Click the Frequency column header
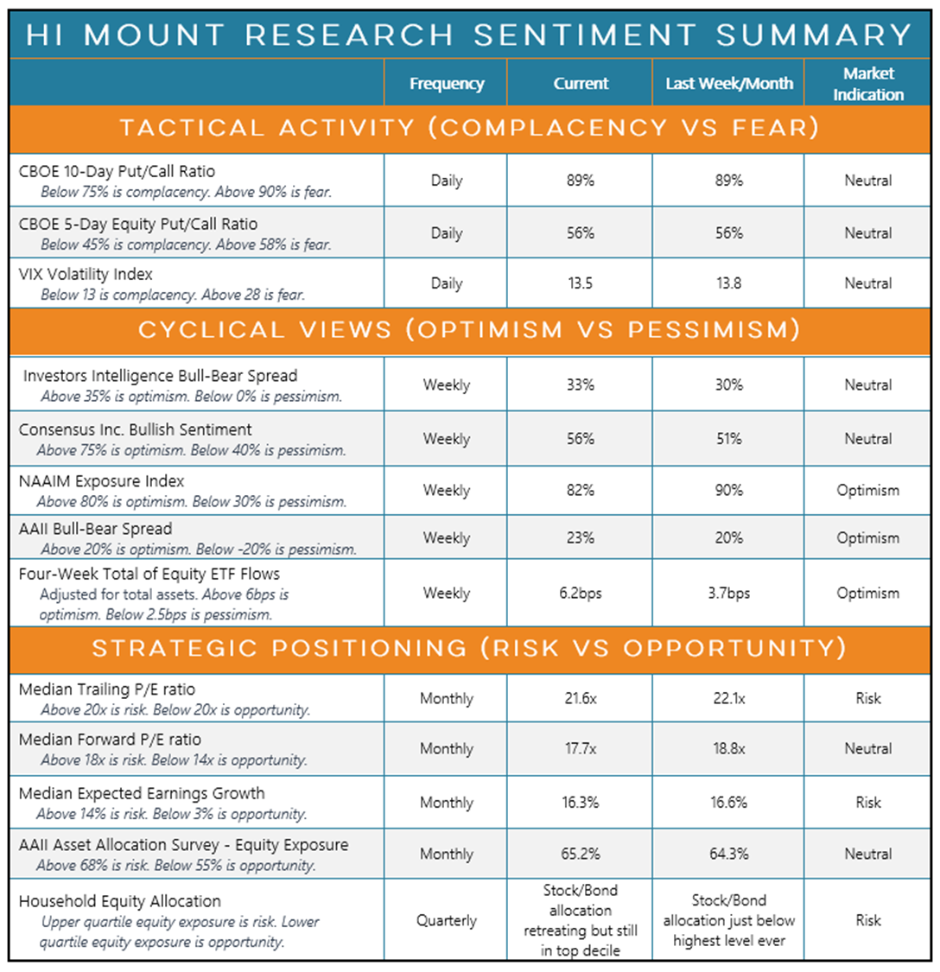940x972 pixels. pos(446,84)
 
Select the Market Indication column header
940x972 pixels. pos(868,84)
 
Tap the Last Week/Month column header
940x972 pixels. pos(728,84)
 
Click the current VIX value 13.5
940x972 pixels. pos(581,283)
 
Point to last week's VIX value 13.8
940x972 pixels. pos(728,283)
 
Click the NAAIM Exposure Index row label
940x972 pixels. pos(102,481)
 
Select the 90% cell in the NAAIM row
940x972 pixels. pos(728,490)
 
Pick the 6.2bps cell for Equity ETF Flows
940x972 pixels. pos(581,594)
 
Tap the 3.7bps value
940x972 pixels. pos(728,594)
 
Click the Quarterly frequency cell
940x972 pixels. pos(446,921)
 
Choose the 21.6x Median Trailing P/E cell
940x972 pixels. pos(581,698)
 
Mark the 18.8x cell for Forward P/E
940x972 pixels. pos(728,749)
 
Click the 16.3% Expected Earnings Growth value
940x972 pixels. pos(581,803)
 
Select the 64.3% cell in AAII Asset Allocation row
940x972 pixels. pos(728,854)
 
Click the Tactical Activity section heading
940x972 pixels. pos(469,129)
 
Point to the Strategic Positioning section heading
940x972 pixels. pos(469,649)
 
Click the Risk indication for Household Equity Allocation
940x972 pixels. pos(868,921)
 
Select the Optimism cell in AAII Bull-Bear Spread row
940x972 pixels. pos(868,537)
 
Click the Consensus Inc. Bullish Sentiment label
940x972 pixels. pos(136,429)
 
